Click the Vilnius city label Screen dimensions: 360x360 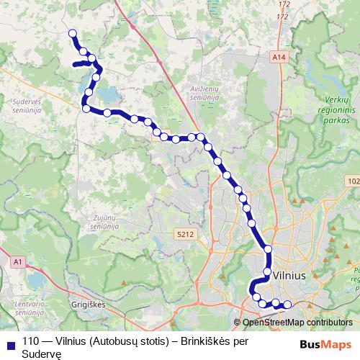(291, 276)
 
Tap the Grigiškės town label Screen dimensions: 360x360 (89, 305)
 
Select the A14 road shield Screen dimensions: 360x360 (279, 55)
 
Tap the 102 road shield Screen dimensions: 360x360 (352, 180)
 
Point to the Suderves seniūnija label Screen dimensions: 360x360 (28, 107)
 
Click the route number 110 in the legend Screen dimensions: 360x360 (30, 343)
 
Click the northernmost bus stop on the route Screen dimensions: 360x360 (72, 33)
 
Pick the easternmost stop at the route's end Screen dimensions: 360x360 (287, 304)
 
